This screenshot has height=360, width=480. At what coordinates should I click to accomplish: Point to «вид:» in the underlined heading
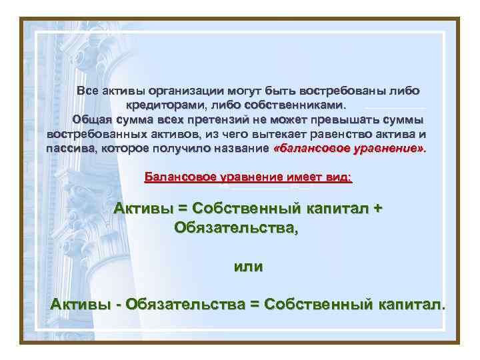click(x=338, y=177)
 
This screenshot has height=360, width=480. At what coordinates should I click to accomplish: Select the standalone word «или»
click(x=247, y=267)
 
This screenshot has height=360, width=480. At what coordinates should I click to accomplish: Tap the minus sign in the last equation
click(x=118, y=305)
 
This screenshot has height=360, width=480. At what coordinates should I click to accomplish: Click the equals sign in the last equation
click(x=253, y=305)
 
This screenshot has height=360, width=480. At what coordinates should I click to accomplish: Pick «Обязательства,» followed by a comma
click(x=236, y=228)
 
